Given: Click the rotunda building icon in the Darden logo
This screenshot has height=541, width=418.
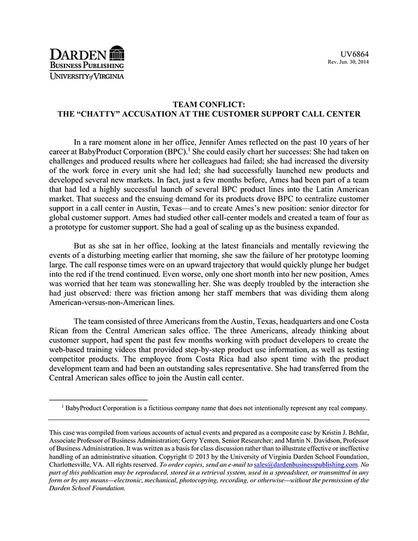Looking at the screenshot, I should tap(117, 53).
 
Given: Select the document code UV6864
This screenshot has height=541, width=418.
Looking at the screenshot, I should tap(354, 53).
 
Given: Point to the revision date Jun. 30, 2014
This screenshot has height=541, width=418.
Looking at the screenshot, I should tap(354, 62).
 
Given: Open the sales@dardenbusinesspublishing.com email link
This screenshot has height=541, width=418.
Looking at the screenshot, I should tap(305, 464).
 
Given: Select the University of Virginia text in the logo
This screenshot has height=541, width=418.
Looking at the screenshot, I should tap(87, 76).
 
